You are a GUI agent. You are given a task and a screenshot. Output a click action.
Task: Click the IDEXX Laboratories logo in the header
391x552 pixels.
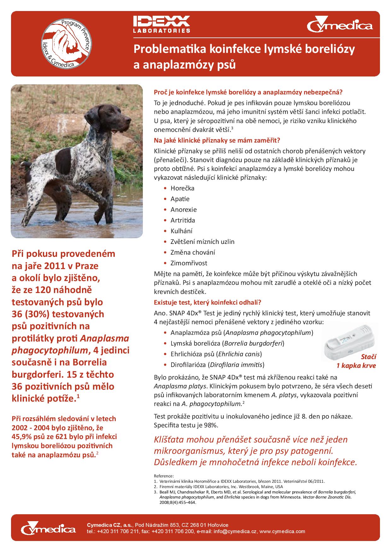(x=161, y=25)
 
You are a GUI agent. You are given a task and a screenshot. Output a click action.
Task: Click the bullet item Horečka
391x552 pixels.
(x=182, y=188)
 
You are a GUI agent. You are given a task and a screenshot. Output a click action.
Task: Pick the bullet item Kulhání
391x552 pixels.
(x=181, y=231)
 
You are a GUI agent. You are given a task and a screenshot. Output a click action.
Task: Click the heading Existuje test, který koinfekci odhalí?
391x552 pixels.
(x=207, y=302)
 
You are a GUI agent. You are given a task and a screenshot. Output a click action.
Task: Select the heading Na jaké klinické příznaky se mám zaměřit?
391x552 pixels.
(x=217, y=140)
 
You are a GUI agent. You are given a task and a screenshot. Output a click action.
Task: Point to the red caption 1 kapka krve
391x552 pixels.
(x=356, y=366)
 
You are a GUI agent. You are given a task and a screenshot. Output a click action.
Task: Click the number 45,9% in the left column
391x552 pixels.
(x=22, y=437)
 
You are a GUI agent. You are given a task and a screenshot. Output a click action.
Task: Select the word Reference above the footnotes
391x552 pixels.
(x=164, y=476)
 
